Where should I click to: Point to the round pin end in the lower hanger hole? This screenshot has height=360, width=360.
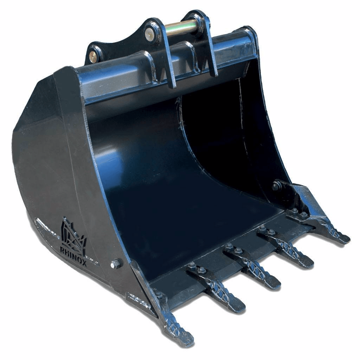(94, 55)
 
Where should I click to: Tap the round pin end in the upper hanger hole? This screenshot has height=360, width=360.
(149, 33)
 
